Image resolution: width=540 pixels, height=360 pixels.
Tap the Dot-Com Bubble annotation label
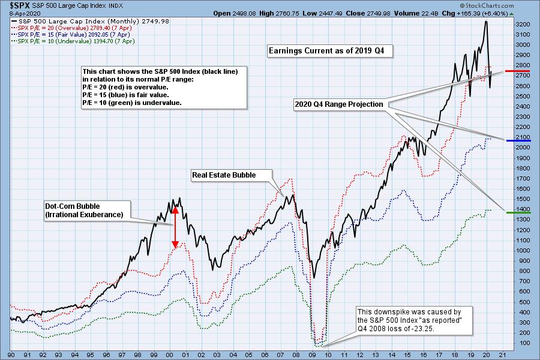(83, 211)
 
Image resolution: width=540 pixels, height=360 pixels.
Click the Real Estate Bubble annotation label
(223, 175)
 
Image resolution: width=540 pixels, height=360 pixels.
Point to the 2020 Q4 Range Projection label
(338, 104)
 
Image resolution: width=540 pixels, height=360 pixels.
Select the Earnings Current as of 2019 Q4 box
(329, 52)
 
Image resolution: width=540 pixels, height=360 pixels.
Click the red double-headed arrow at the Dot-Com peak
(175, 228)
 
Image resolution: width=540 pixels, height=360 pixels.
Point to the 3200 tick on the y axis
(523, 25)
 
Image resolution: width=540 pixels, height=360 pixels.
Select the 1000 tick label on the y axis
(523, 251)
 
